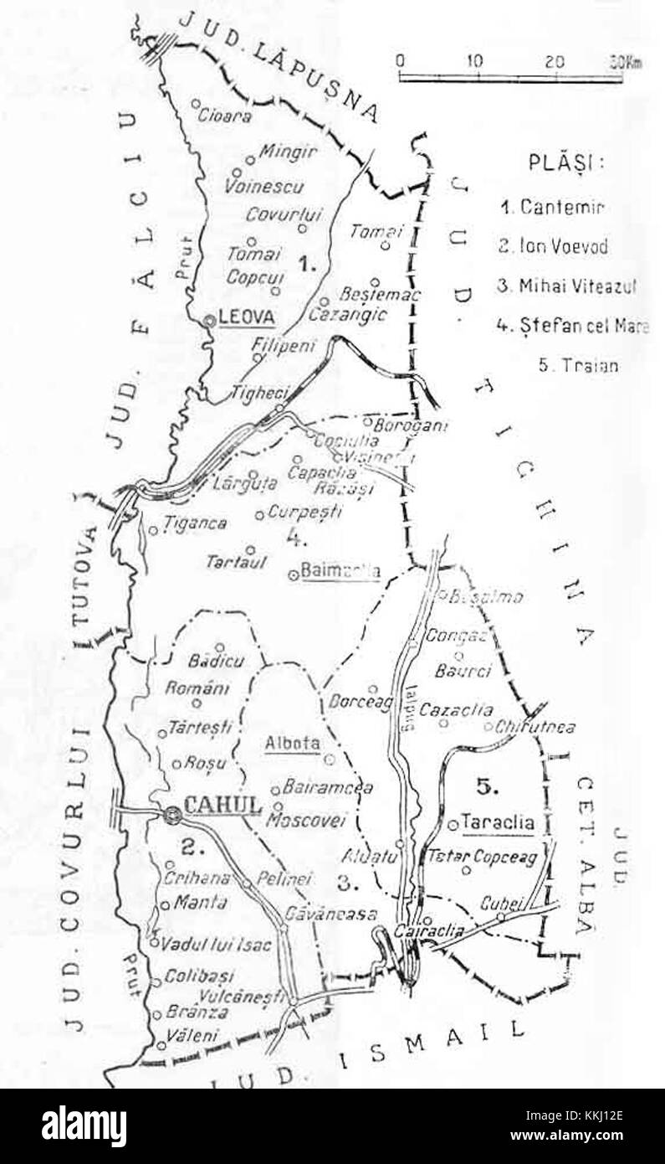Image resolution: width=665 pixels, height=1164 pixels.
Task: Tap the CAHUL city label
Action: tap(223, 806)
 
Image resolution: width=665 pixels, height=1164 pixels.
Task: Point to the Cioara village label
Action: tap(225, 116)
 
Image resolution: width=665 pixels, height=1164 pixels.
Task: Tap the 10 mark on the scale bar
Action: tap(474, 61)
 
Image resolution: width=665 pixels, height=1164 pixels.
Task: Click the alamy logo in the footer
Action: tap(84, 1126)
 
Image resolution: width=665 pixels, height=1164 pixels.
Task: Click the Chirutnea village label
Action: tap(535, 727)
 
